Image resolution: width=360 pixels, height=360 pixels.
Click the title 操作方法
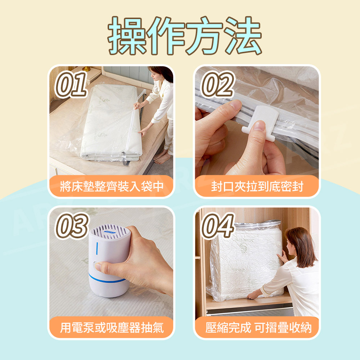tap(185, 35)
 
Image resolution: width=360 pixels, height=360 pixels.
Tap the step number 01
tap(71, 84)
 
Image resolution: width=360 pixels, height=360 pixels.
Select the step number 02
tap(217, 84)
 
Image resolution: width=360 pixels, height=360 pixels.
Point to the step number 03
tap(72, 226)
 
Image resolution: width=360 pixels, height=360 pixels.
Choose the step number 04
tap(218, 226)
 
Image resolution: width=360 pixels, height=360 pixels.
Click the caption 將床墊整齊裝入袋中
tap(112, 186)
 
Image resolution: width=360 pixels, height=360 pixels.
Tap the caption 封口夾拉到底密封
tap(257, 186)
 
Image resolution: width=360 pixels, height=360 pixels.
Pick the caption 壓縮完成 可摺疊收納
tap(258, 327)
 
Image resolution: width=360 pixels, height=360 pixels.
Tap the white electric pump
tap(109, 261)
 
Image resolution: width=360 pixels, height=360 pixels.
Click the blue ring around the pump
tap(107, 279)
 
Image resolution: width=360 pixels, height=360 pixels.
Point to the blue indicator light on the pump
tap(97, 248)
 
